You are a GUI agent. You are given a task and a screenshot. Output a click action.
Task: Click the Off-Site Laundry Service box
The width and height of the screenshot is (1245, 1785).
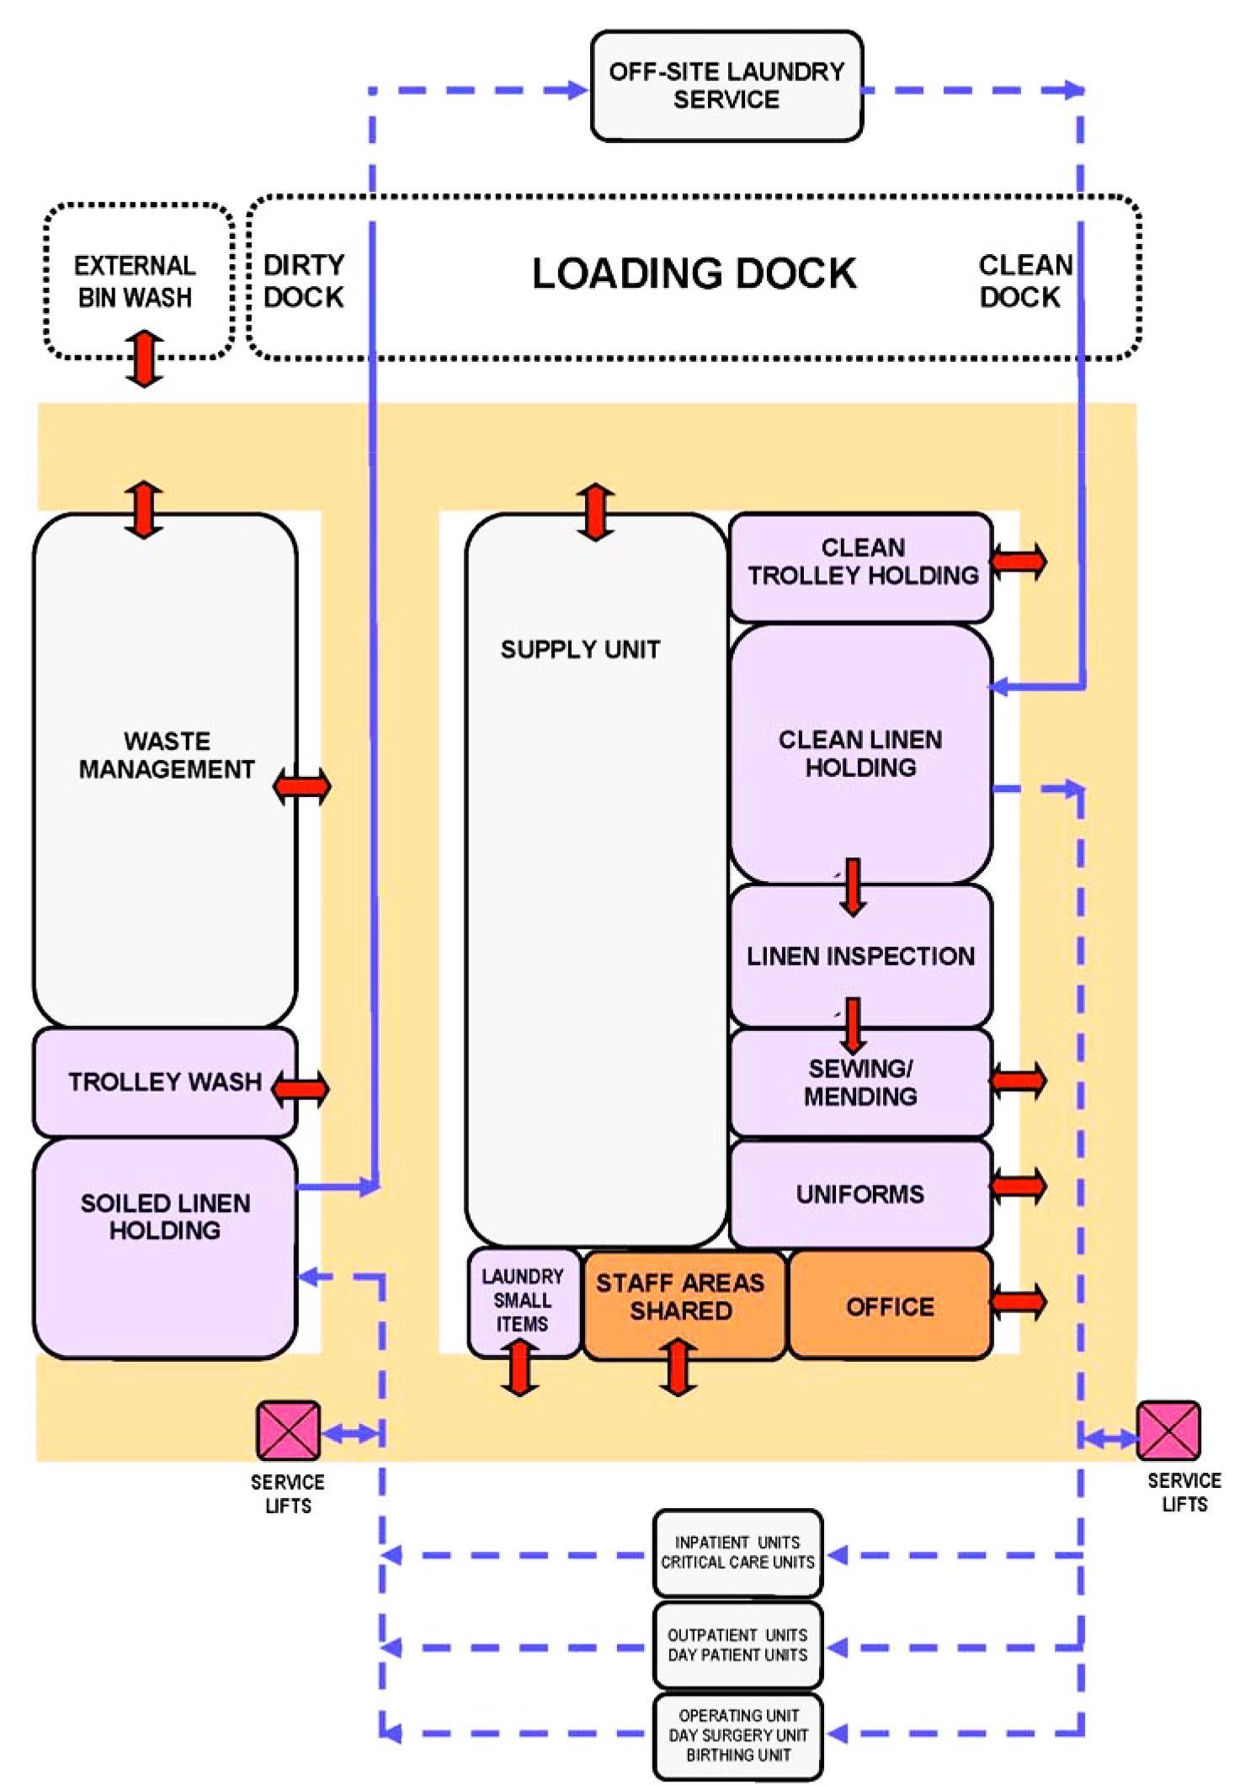click(x=726, y=86)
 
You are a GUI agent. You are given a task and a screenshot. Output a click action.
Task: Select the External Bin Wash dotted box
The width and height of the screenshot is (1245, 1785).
click(x=138, y=281)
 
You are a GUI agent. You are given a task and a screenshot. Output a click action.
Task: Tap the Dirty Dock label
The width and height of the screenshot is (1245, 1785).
click(x=304, y=281)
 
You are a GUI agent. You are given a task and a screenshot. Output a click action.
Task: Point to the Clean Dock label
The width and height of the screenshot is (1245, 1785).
click(x=1024, y=281)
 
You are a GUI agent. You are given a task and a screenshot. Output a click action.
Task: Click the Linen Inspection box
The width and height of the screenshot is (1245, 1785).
click(x=860, y=956)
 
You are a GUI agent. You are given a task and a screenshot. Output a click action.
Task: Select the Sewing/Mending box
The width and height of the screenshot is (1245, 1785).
click(x=860, y=1082)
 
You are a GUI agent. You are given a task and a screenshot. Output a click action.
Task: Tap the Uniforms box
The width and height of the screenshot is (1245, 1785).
click(x=860, y=1193)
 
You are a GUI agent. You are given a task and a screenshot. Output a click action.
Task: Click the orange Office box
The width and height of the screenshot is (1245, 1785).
click(x=890, y=1305)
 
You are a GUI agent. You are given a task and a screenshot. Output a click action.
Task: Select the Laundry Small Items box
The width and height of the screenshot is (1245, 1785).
click(x=523, y=1301)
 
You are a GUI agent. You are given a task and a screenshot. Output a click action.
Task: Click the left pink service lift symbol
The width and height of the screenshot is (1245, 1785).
click(x=289, y=1431)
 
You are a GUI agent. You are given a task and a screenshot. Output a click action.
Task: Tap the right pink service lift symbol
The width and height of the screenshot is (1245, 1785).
click(x=1168, y=1431)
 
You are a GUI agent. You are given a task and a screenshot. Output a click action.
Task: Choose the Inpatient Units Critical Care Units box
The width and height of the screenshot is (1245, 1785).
click(x=737, y=1554)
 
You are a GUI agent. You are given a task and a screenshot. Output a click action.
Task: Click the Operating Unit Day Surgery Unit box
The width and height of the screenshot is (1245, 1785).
click(x=737, y=1735)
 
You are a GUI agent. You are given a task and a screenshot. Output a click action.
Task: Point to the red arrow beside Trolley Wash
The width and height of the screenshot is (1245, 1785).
click(x=301, y=1087)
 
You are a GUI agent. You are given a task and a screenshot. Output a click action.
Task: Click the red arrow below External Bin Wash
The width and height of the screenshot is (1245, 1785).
click(x=144, y=359)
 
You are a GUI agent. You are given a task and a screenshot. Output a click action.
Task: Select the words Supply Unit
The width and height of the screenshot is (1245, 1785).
click(x=580, y=649)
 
